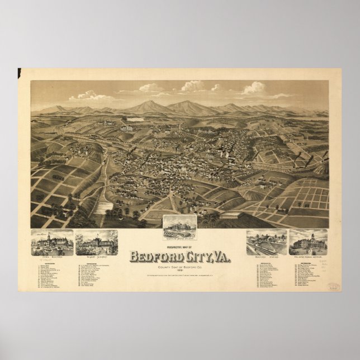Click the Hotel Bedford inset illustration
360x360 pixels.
point(52,241)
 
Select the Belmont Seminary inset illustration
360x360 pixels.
point(95,241)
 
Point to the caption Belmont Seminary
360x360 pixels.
point(95,253)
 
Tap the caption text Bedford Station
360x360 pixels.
point(266,253)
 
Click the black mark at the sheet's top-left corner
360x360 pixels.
point(19,71)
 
